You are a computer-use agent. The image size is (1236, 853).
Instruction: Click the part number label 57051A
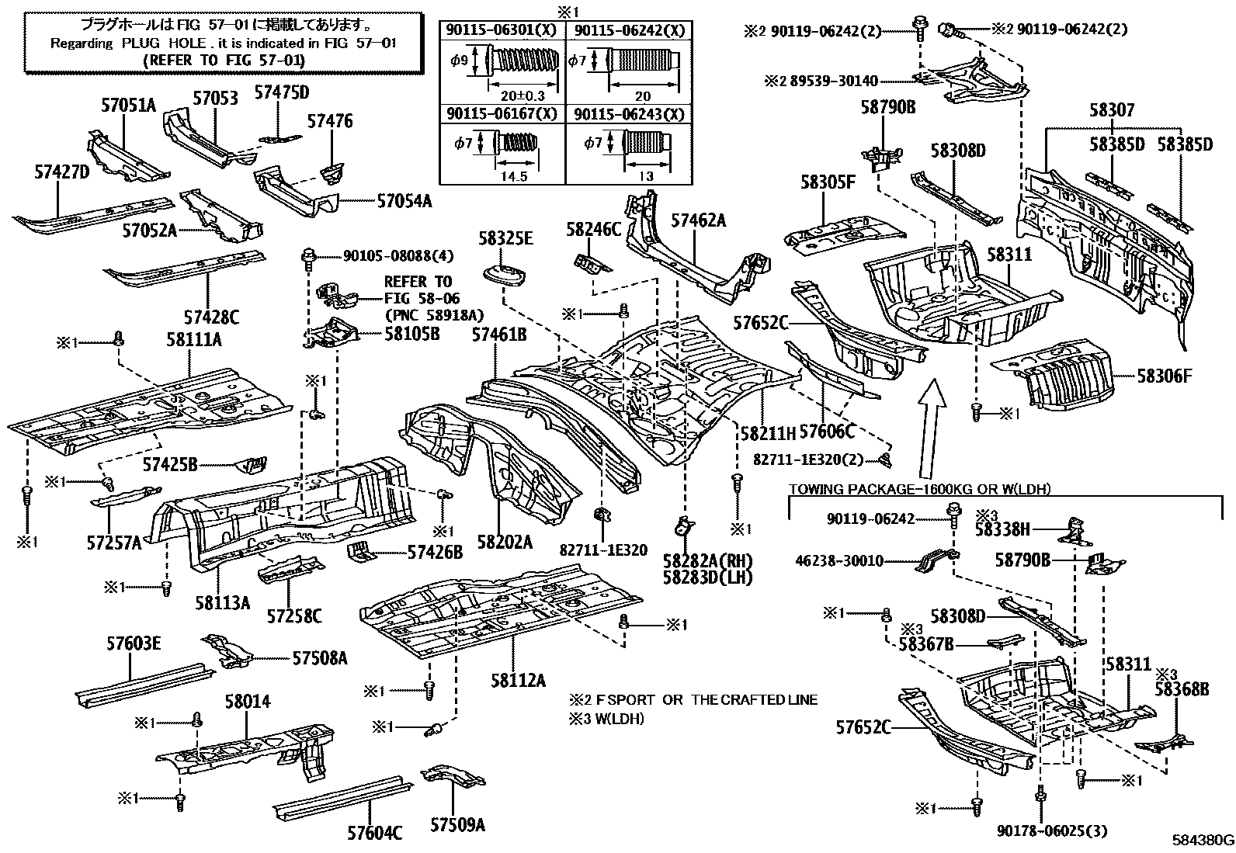[x=129, y=105]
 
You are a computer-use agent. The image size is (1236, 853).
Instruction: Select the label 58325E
[x=505, y=238]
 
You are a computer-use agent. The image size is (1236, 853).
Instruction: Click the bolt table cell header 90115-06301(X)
[x=502, y=31]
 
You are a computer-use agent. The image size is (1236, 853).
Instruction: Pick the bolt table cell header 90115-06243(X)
[x=630, y=114]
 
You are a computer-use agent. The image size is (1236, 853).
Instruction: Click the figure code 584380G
[x=1202, y=840]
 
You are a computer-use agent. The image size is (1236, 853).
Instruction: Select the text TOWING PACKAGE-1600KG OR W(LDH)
[x=919, y=489]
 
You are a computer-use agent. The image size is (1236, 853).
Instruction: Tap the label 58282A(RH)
[x=707, y=560]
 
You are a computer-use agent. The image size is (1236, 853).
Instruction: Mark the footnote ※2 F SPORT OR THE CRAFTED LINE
[x=693, y=699]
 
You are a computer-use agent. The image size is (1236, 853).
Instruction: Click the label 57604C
[x=374, y=833]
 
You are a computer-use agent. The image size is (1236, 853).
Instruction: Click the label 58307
[x=1112, y=110]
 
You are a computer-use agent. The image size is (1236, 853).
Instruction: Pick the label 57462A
[x=698, y=221]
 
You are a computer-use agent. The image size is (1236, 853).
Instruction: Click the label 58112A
[x=517, y=681]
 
